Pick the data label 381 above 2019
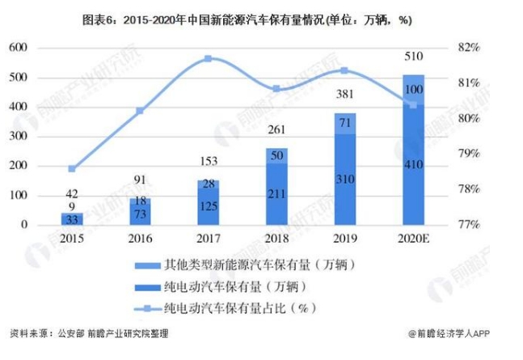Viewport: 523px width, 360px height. point(345,95)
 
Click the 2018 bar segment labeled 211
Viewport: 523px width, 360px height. point(276,193)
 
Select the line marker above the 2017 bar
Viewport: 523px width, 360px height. point(208,58)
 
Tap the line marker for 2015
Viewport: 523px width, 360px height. point(72,169)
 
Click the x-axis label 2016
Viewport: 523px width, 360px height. point(140,240)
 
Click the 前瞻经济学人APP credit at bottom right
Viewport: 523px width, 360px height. point(458,332)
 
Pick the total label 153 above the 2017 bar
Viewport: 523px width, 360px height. point(208,162)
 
